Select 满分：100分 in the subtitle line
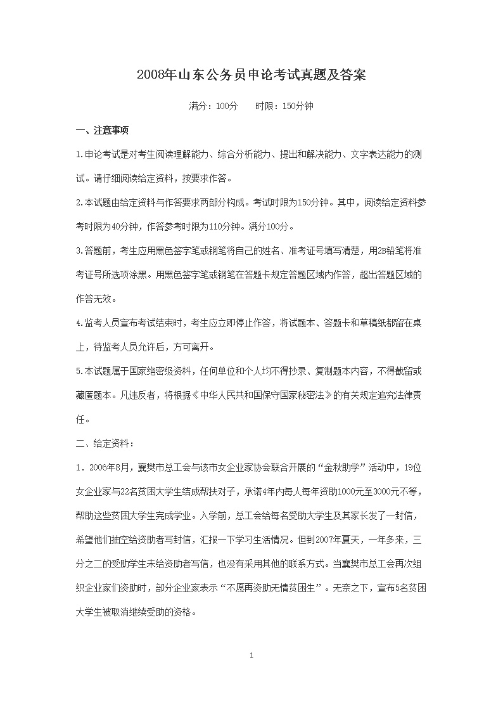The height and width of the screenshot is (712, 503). [x=213, y=107]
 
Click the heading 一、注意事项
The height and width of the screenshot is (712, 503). [x=102, y=131]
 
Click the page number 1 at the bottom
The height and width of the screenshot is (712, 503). [x=251, y=655]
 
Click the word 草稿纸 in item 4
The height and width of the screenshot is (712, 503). [x=360, y=323]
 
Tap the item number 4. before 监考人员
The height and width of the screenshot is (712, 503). [x=79, y=323]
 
